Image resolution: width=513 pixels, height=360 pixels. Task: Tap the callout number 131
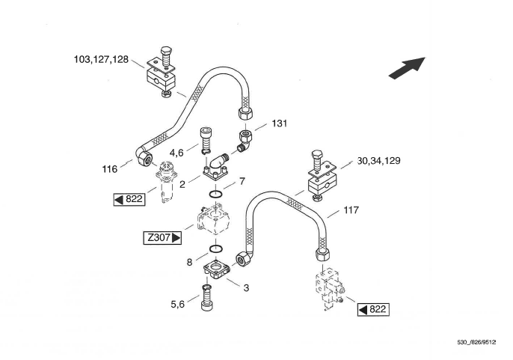tap(279, 123)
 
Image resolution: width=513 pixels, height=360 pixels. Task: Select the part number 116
tap(110, 170)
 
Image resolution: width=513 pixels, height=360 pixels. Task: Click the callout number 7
tap(241, 182)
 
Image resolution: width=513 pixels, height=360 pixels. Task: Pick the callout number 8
tap(189, 262)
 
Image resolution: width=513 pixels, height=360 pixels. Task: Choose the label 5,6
tap(177, 304)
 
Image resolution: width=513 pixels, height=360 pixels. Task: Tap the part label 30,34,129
tap(381, 160)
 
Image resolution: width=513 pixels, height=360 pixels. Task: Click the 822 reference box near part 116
tap(129, 199)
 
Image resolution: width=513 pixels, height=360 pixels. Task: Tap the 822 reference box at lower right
tap(372, 309)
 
